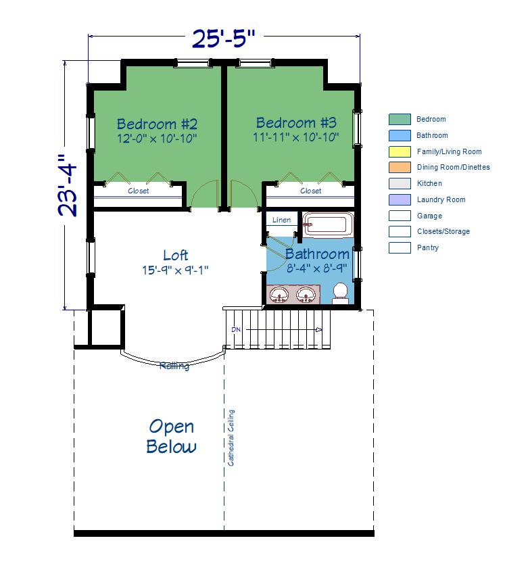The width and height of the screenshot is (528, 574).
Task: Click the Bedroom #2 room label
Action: click(157, 124)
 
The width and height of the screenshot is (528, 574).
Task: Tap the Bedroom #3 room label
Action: click(296, 122)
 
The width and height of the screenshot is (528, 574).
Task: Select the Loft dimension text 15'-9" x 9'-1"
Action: click(175, 270)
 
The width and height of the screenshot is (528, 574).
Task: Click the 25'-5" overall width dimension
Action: click(223, 39)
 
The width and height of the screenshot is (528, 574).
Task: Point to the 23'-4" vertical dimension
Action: click(68, 185)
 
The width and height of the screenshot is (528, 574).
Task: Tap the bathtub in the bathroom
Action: click(328, 224)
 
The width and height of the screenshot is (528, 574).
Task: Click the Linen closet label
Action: click(281, 220)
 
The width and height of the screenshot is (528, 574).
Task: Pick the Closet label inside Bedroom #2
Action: click(139, 191)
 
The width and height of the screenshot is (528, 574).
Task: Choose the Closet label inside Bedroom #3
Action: click(310, 191)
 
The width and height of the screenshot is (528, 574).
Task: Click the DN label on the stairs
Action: click(236, 329)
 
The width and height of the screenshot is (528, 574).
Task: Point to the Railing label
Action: click(174, 366)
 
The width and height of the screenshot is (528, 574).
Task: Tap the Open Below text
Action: click(171, 436)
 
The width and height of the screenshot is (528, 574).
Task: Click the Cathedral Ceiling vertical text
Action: click(231, 438)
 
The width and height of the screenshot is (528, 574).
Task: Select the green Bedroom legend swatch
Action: click(400, 120)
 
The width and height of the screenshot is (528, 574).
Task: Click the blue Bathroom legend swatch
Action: click(400, 135)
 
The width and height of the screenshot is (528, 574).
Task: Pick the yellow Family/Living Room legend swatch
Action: click(400, 151)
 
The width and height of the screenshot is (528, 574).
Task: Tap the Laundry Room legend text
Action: click(441, 200)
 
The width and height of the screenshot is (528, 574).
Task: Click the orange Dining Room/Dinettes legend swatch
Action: click(400, 167)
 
